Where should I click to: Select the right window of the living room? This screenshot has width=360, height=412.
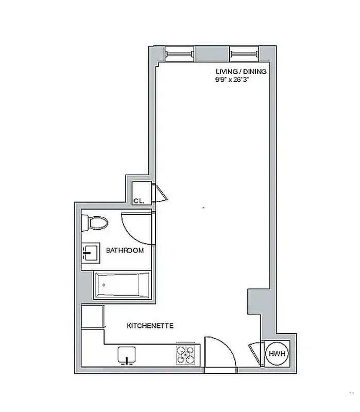click(244, 53)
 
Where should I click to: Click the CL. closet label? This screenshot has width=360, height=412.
click(138, 201)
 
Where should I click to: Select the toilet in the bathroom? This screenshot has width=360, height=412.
click(95, 222)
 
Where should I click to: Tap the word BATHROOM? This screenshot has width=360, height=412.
click(125, 251)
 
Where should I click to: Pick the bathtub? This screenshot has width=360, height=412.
click(122, 285)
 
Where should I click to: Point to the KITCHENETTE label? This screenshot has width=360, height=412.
click(150, 326)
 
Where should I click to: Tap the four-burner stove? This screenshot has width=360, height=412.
click(186, 354)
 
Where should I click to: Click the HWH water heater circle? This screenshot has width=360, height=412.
click(277, 354)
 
